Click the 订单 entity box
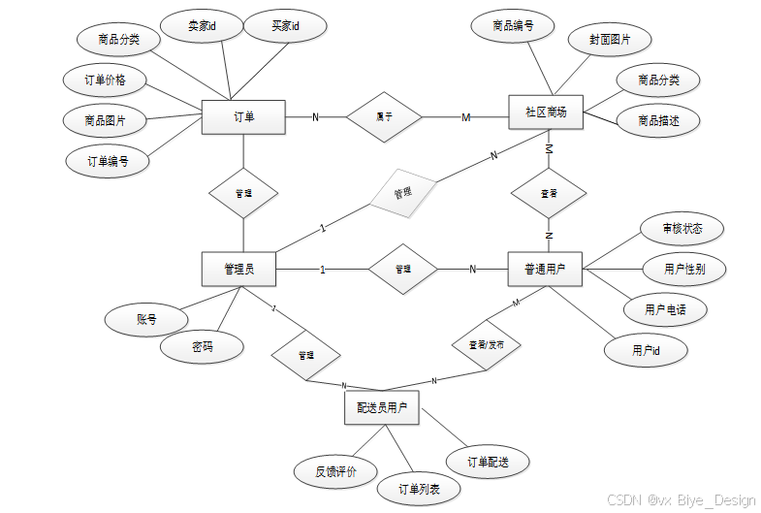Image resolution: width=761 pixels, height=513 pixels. coord(243,117)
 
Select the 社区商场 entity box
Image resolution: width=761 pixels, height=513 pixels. coord(545,112)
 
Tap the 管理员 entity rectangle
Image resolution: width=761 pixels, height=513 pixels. coord(238,269)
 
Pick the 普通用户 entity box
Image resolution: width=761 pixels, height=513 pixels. coord(544,269)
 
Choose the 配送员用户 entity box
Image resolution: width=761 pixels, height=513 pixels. coord(381,408)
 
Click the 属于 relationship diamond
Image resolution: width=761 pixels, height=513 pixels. coord(384,117)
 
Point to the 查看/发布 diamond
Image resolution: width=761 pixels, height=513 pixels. coord(487,345)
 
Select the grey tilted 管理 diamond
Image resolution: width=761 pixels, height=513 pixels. coord(401,194)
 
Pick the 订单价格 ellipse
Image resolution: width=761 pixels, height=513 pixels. coord(106,80)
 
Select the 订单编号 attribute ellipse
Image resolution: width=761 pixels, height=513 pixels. coord(108,160)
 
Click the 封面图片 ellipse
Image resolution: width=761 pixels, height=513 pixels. coord(610,40)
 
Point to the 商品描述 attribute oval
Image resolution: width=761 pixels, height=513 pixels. coord(658,121)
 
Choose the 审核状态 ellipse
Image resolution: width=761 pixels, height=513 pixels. coord(682,229)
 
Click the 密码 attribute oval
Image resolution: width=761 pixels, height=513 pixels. coord(202,346)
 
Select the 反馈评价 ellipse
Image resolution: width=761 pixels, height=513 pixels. coord(335,472)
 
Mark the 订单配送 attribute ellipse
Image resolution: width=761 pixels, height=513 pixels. coord(488,462)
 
